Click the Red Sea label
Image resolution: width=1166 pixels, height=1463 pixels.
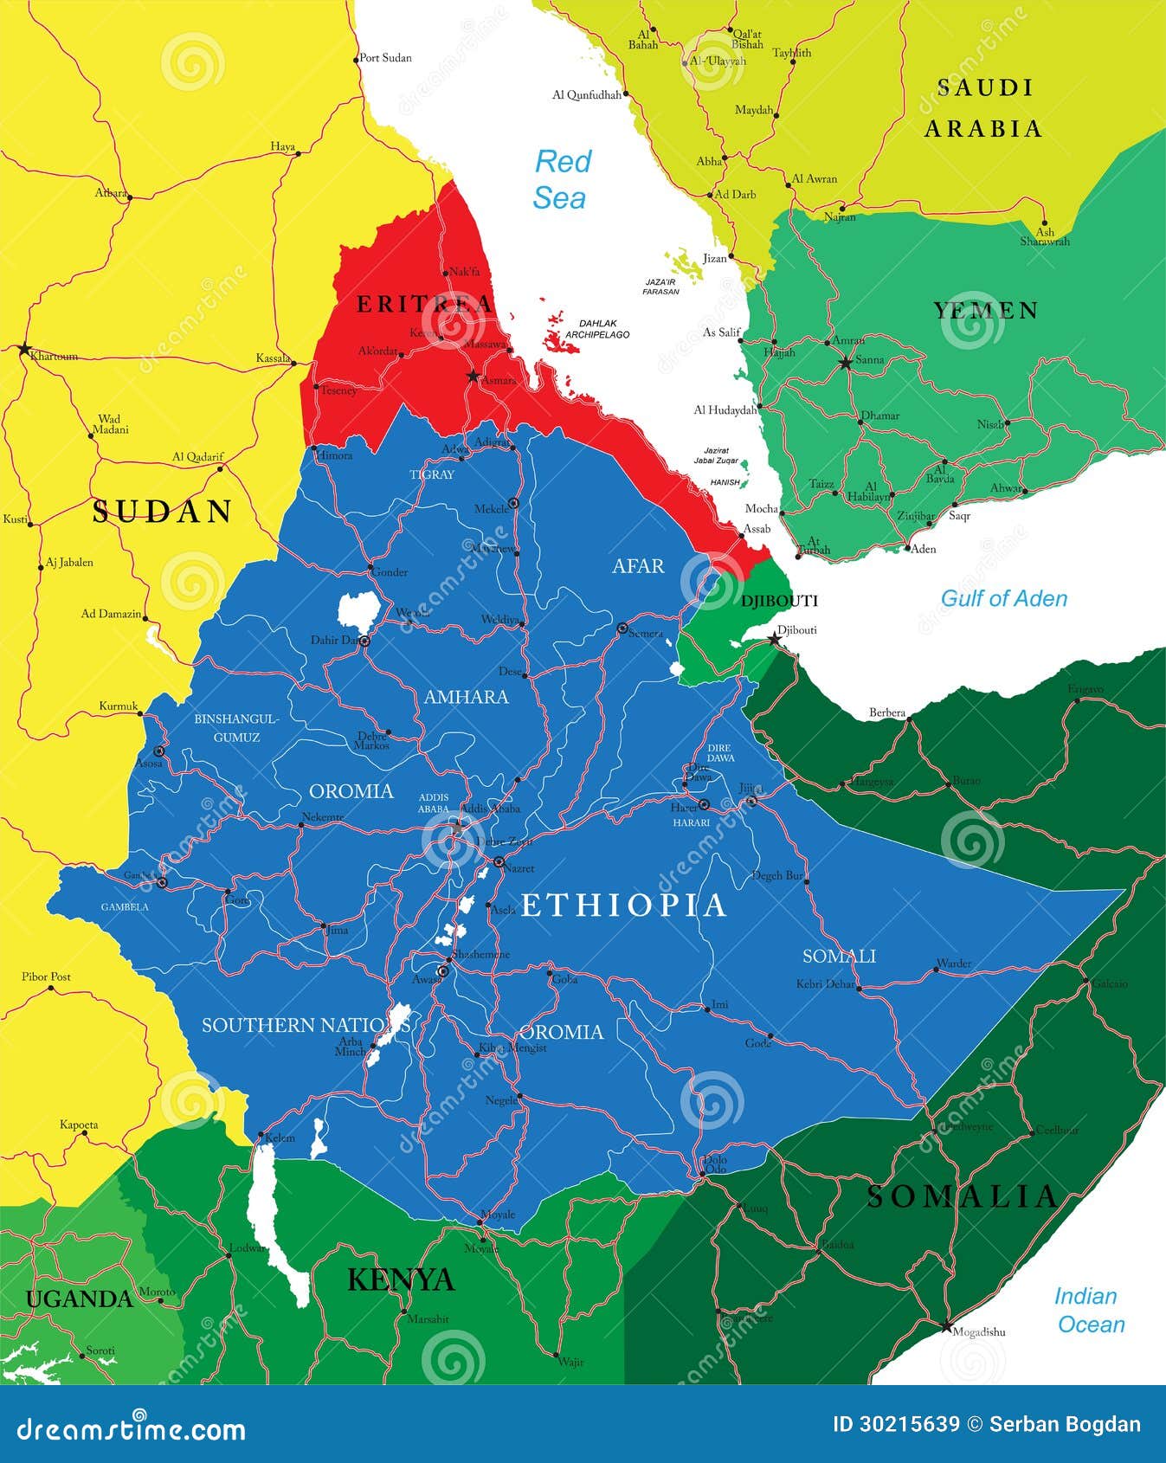click(562, 179)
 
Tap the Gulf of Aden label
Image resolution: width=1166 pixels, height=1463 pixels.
click(1003, 598)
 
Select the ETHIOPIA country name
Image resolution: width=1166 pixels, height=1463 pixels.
click(623, 905)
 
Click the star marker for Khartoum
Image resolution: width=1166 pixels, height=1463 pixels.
click(23, 349)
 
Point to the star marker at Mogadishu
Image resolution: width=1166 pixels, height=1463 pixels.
click(945, 1327)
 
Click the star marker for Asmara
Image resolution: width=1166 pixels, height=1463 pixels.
click(473, 376)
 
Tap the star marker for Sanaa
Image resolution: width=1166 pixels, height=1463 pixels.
click(846, 364)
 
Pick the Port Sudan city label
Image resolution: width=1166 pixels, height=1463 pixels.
click(385, 58)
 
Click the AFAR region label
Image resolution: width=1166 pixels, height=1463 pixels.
click(638, 566)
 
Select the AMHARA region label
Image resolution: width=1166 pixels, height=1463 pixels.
click(466, 697)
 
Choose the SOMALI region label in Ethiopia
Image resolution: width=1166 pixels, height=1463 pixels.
click(839, 956)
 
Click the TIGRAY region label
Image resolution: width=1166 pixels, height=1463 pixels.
click(431, 474)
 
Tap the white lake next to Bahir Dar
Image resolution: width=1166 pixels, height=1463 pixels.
click(356, 609)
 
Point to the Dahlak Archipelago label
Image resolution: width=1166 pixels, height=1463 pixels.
click(597, 329)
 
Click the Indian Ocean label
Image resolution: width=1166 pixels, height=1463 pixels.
click(1089, 1310)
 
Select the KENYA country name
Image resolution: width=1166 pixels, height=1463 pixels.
click(401, 1279)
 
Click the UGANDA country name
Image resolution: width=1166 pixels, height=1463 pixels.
click(80, 1299)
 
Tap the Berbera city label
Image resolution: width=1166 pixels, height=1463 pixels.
click(886, 713)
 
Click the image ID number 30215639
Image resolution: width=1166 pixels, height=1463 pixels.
click(896, 1425)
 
